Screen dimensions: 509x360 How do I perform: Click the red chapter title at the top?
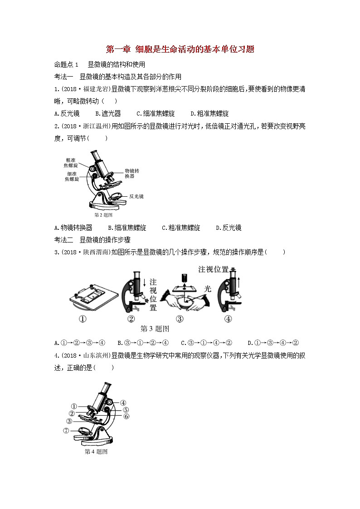180,49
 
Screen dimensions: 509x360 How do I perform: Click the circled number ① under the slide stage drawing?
83,319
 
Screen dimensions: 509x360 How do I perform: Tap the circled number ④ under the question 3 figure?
228,319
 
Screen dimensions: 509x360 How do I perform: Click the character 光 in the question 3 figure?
208,288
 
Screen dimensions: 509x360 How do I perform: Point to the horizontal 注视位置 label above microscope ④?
213,269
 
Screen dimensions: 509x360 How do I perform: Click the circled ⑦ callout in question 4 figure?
66,431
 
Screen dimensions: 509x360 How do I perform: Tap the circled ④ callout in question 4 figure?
123,402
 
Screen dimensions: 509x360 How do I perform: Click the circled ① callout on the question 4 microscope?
74,406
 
